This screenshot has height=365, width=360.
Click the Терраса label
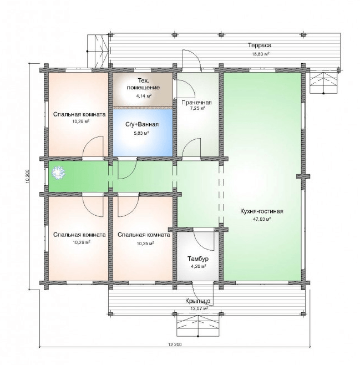[x=259, y=45]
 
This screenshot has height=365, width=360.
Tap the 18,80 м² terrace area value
[x=261, y=54]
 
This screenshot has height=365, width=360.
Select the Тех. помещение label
[x=143, y=84]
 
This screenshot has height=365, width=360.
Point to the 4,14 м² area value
[x=144, y=95]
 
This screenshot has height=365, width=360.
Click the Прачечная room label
[x=196, y=103]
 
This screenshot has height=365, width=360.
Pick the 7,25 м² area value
[x=197, y=108]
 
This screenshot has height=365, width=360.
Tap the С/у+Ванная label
[x=142, y=125]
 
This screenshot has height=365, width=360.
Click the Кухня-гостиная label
[x=262, y=211]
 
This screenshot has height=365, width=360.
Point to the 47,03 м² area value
[x=262, y=219]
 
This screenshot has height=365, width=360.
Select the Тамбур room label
[x=198, y=258]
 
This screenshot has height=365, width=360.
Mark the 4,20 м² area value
[x=198, y=266]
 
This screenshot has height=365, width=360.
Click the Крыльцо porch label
[x=198, y=301]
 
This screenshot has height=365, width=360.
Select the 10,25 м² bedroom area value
[x=146, y=244]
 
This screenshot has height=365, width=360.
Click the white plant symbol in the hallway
[x=58, y=173]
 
